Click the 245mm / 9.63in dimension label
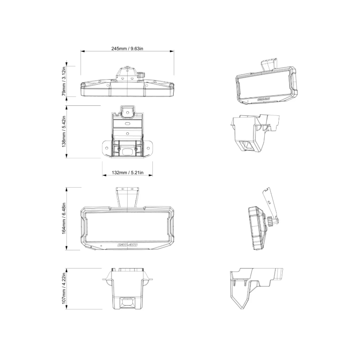pyautogui.click(x=127, y=49)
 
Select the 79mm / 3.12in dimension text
pyautogui.click(x=64, y=81)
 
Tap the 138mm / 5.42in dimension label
pyautogui.click(x=64, y=131)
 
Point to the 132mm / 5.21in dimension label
pyautogui.click(x=128, y=172)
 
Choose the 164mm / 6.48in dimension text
pyautogui.click(x=64, y=219)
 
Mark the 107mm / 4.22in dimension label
pyautogui.click(x=64, y=288)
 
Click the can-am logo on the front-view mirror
pyautogui.click(x=127, y=245)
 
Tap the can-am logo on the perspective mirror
pyautogui.click(x=263, y=99)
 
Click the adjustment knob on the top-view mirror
pyautogui.click(x=142, y=75)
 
